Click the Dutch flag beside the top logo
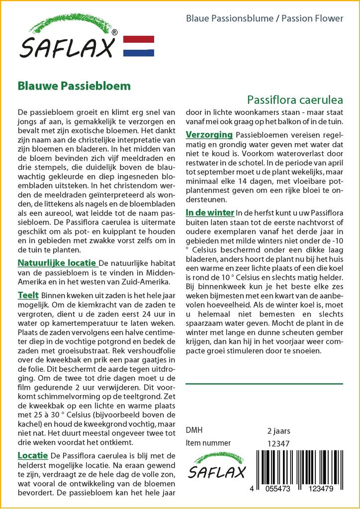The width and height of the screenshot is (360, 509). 138,46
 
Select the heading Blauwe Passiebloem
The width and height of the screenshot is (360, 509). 74,85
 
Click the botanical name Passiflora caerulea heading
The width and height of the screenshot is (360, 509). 295,99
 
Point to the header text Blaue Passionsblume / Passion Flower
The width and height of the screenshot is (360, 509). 265,18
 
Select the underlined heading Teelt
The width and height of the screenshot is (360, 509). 28,295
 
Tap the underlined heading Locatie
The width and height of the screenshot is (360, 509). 32,455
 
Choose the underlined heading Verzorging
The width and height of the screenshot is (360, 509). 209,135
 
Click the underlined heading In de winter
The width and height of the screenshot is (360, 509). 210,212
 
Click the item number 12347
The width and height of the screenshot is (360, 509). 278,443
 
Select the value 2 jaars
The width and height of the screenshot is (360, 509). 278,430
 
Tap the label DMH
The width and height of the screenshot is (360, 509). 194,430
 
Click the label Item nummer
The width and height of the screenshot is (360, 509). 208,443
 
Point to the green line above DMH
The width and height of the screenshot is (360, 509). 264,384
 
